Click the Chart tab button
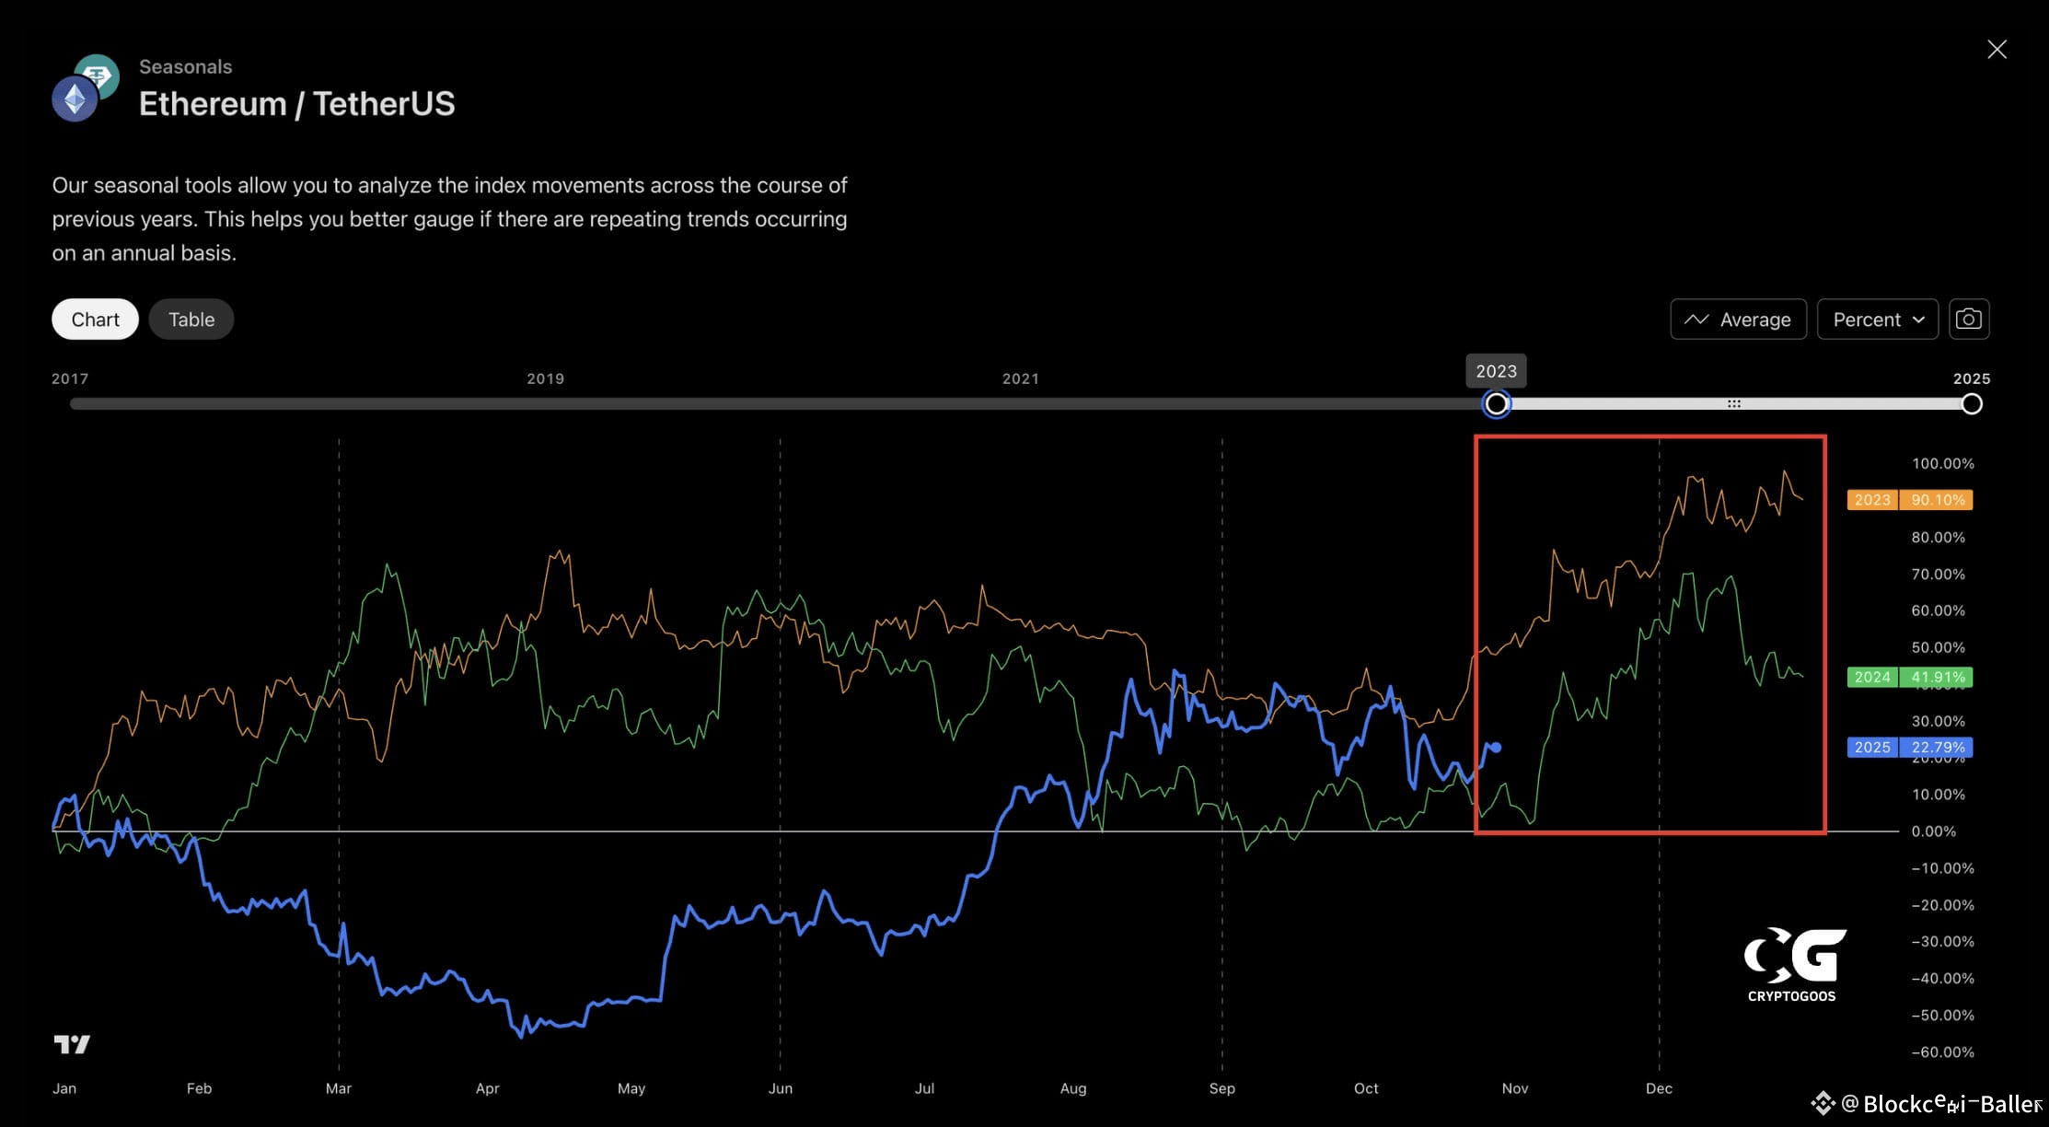point(95,320)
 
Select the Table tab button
point(191,320)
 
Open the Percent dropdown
point(1877,320)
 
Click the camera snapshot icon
point(1969,319)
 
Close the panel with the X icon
point(1997,49)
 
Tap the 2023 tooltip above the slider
point(1496,371)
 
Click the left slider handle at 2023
point(1497,404)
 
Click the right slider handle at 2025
point(1972,404)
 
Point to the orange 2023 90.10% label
point(1909,500)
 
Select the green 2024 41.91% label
point(1909,677)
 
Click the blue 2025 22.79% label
point(1909,747)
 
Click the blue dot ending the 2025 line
point(1497,748)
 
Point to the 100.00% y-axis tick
point(1942,463)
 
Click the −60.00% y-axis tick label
point(1942,1051)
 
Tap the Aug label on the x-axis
point(1072,1088)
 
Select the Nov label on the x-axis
point(1514,1088)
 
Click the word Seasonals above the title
point(185,66)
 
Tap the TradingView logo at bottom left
point(72,1043)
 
